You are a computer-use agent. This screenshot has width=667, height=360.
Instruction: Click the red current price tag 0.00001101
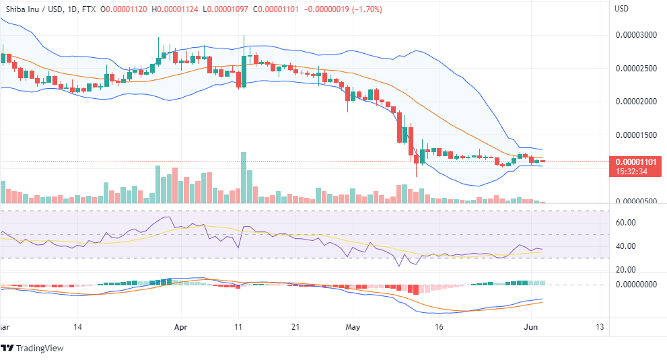[635, 161]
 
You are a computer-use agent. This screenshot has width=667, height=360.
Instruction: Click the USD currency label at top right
[623, 9]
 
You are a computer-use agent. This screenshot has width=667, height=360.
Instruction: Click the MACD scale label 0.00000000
[635, 285]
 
